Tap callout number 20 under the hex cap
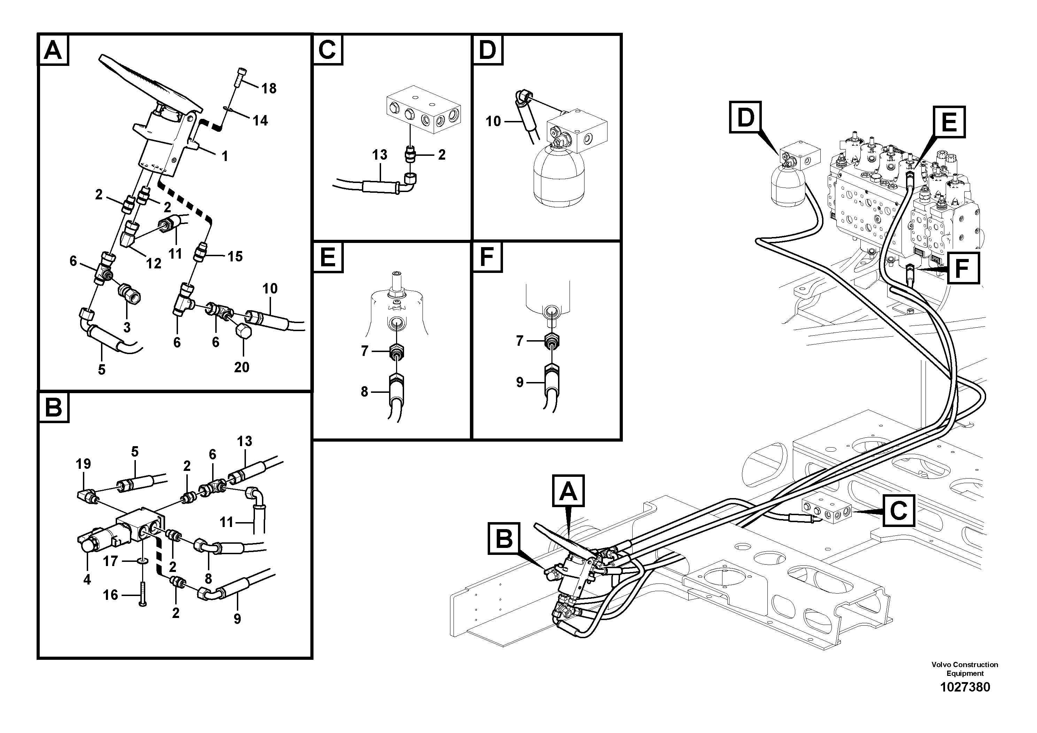242,367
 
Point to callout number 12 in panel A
154,264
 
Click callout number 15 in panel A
235,257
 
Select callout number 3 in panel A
127,327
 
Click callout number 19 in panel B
84,464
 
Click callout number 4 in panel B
87,579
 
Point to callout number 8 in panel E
364,392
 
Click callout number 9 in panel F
520,382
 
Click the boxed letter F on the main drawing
963,268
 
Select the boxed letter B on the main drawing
504,538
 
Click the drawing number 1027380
965,687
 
